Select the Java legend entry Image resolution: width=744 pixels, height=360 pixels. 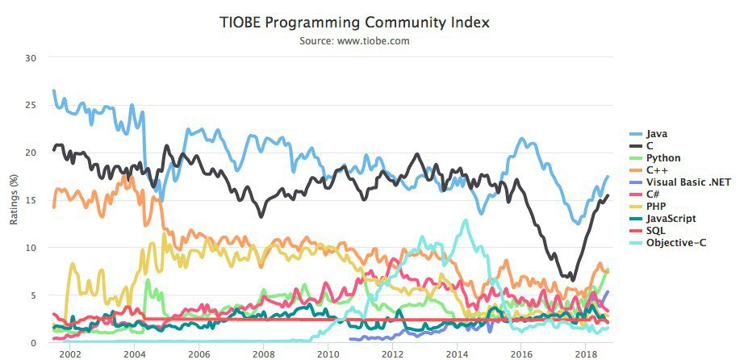tap(657, 133)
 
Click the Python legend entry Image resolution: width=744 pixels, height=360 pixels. tap(663, 157)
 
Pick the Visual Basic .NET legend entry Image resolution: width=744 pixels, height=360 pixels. tap(688, 182)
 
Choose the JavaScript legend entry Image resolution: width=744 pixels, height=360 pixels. tap(671, 218)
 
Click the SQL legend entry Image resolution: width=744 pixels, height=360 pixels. tap(656, 230)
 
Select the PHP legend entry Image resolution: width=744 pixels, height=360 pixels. tap(656, 206)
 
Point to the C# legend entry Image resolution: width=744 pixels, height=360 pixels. tap(654, 194)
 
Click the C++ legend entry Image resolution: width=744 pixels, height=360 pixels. tap(656, 170)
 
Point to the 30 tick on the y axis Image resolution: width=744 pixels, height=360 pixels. tap(31, 57)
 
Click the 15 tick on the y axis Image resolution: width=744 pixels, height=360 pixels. tap(31, 200)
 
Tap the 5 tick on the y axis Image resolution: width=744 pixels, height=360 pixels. tap(34, 295)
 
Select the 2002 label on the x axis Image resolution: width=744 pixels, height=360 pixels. tap(69, 354)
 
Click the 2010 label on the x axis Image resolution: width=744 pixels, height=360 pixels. tap(328, 354)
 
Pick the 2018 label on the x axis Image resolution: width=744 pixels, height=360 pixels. tap(586, 354)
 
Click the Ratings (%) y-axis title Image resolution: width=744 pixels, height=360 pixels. tap(14, 200)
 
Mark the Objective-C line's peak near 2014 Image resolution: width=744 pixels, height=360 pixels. tap(466, 220)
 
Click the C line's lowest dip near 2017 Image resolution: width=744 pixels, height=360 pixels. tap(573, 279)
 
